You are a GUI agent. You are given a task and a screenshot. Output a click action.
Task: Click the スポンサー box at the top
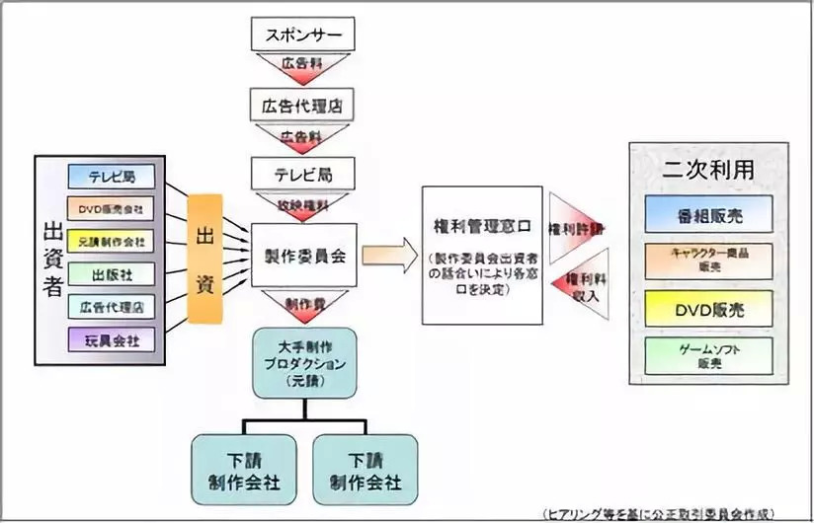[x=303, y=36]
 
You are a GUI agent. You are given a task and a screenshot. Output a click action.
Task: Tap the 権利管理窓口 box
[x=482, y=255]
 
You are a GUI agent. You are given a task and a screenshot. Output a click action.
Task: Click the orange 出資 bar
[x=205, y=260]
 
